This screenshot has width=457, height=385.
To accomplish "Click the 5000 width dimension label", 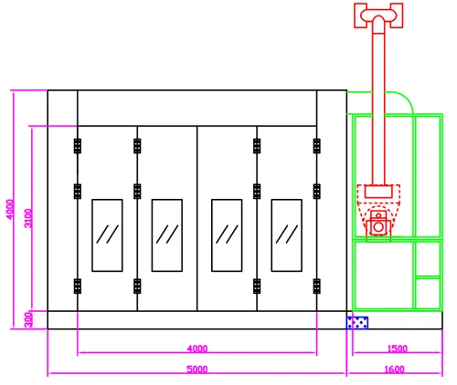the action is [197, 369].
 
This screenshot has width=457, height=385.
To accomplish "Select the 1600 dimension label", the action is [394, 369].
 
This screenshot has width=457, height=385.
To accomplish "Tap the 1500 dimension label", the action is [397, 349].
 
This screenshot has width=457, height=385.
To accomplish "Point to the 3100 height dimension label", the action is [28, 218].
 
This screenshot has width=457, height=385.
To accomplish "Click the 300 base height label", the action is [28, 319].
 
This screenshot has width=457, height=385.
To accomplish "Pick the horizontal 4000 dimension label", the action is [197, 349].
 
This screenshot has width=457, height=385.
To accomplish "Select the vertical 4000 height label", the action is [10, 209].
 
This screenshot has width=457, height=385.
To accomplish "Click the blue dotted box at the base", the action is [357, 323].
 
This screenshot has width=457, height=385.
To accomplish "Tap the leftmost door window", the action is [107, 235].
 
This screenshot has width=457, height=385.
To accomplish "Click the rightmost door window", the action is [287, 235].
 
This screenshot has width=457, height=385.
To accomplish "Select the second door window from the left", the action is [167, 235].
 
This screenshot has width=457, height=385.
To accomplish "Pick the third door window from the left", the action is [227, 235].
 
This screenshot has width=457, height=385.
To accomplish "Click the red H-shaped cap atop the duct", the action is [378, 16].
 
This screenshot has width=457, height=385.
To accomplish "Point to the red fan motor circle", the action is [378, 227].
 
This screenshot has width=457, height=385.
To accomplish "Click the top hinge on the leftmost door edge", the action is [78, 146].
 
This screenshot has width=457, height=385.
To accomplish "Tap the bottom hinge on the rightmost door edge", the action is [317, 286].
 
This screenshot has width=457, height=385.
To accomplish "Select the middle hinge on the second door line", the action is [137, 192].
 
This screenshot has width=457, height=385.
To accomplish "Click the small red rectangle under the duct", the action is [378, 192].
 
